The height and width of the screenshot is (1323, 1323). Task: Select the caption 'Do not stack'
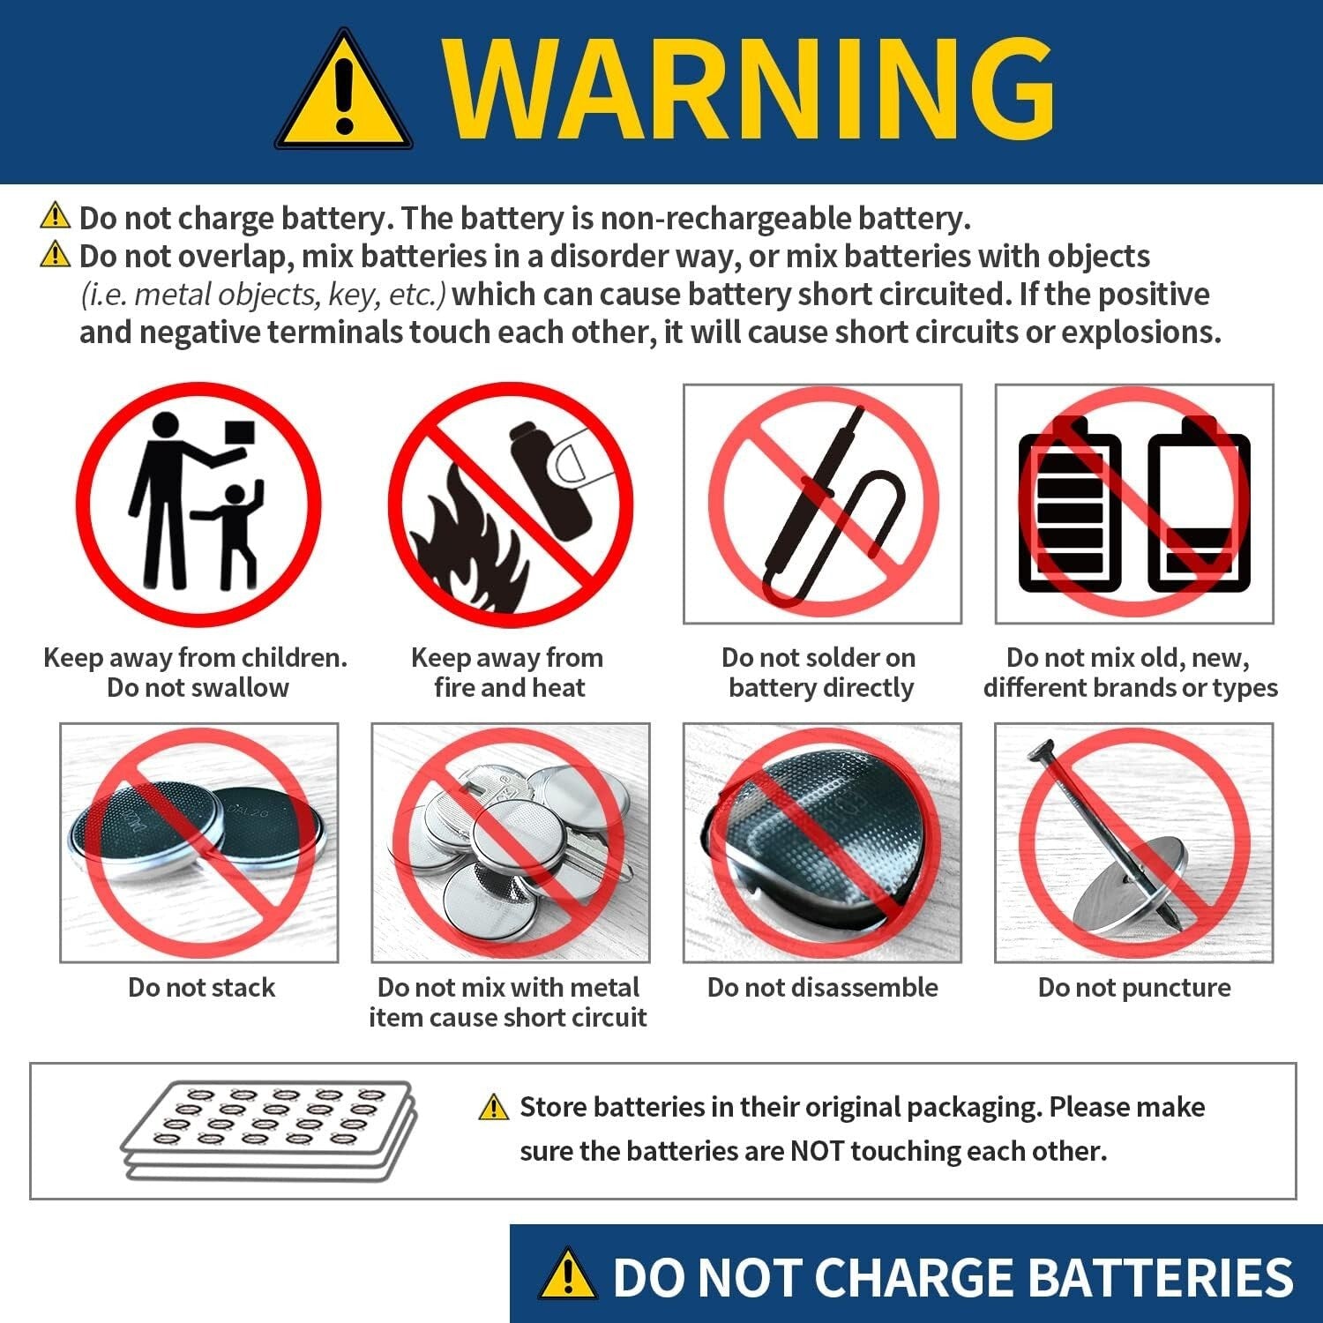pos(201,987)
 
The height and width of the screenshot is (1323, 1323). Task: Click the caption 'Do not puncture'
pos(1134,987)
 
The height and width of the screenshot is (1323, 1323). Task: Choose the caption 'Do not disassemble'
pos(822,987)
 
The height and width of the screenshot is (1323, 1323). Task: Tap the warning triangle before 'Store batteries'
pos(494,1107)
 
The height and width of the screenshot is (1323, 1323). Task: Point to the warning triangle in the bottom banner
pos(567,1275)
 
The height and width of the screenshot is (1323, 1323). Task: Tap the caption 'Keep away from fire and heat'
pos(508,672)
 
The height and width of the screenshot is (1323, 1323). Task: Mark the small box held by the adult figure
pos(239,432)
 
